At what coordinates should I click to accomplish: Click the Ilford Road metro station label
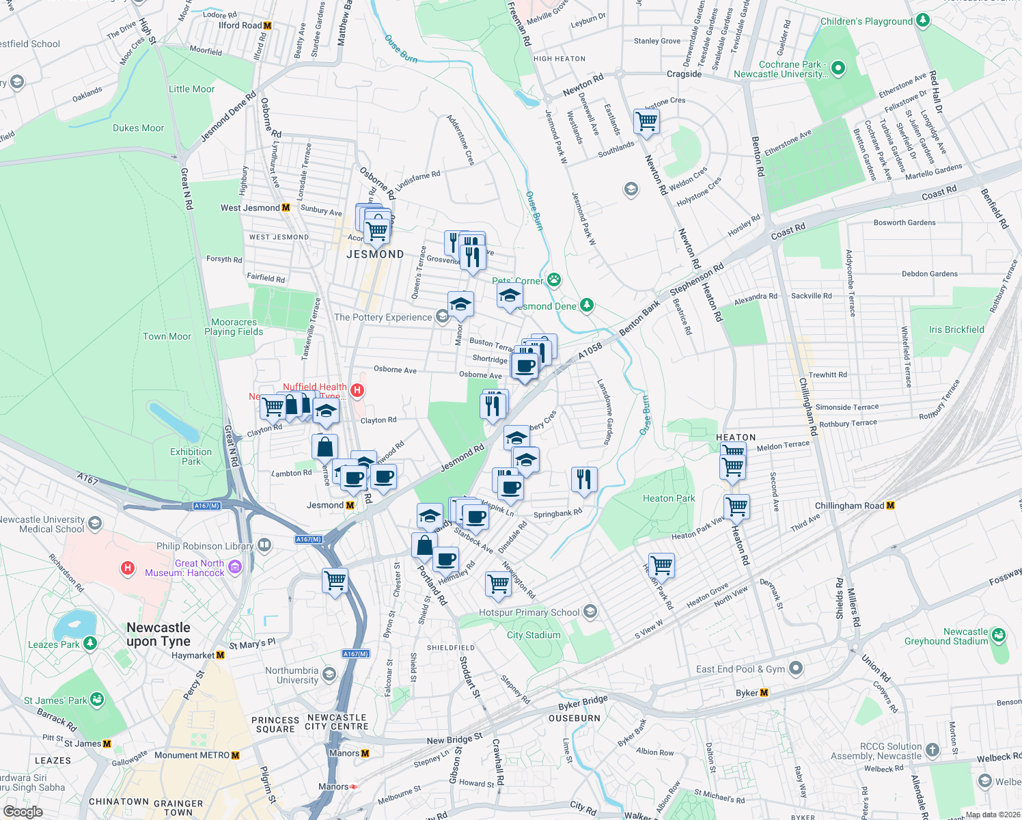coord(240,26)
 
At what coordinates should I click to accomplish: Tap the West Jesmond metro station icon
coord(286,208)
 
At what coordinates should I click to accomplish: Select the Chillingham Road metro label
coord(850,506)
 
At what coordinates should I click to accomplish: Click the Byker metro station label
coord(747,693)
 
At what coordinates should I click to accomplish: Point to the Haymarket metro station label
coord(193,655)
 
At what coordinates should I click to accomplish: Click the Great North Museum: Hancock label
coord(184,568)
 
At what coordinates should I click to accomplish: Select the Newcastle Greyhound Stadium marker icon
coord(999,635)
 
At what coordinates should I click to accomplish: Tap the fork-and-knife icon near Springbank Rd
coord(583,479)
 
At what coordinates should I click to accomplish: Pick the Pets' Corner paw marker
coord(553,279)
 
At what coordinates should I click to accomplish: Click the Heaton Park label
coord(669,499)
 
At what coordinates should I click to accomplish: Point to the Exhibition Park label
coord(191,456)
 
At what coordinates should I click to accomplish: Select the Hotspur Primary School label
coord(529,613)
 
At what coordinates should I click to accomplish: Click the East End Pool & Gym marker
coord(795,668)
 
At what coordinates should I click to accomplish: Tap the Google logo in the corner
coord(23,812)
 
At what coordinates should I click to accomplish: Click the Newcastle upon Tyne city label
coord(158,634)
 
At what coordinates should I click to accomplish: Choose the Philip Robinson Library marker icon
coord(264,545)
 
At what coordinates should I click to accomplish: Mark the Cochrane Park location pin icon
coord(839,68)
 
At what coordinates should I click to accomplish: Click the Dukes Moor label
coord(138,128)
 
